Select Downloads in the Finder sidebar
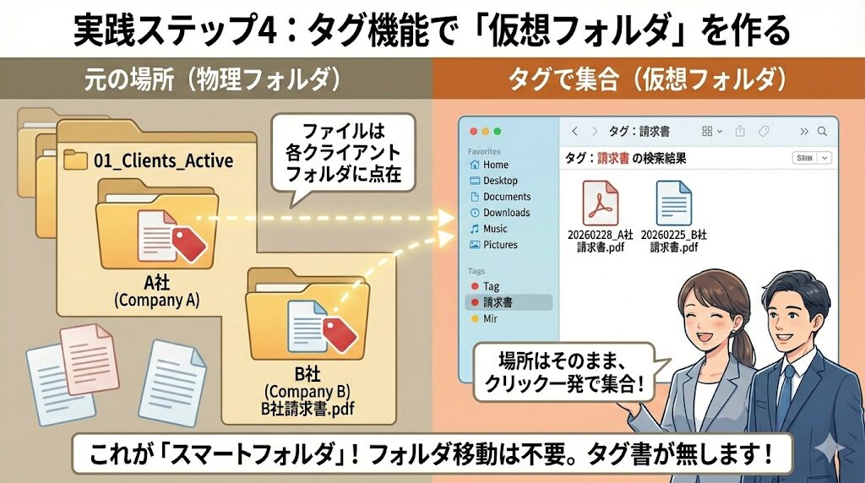click(506, 213)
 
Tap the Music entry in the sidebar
click(495, 229)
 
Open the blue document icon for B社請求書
click(673, 204)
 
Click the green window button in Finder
click(498, 131)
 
